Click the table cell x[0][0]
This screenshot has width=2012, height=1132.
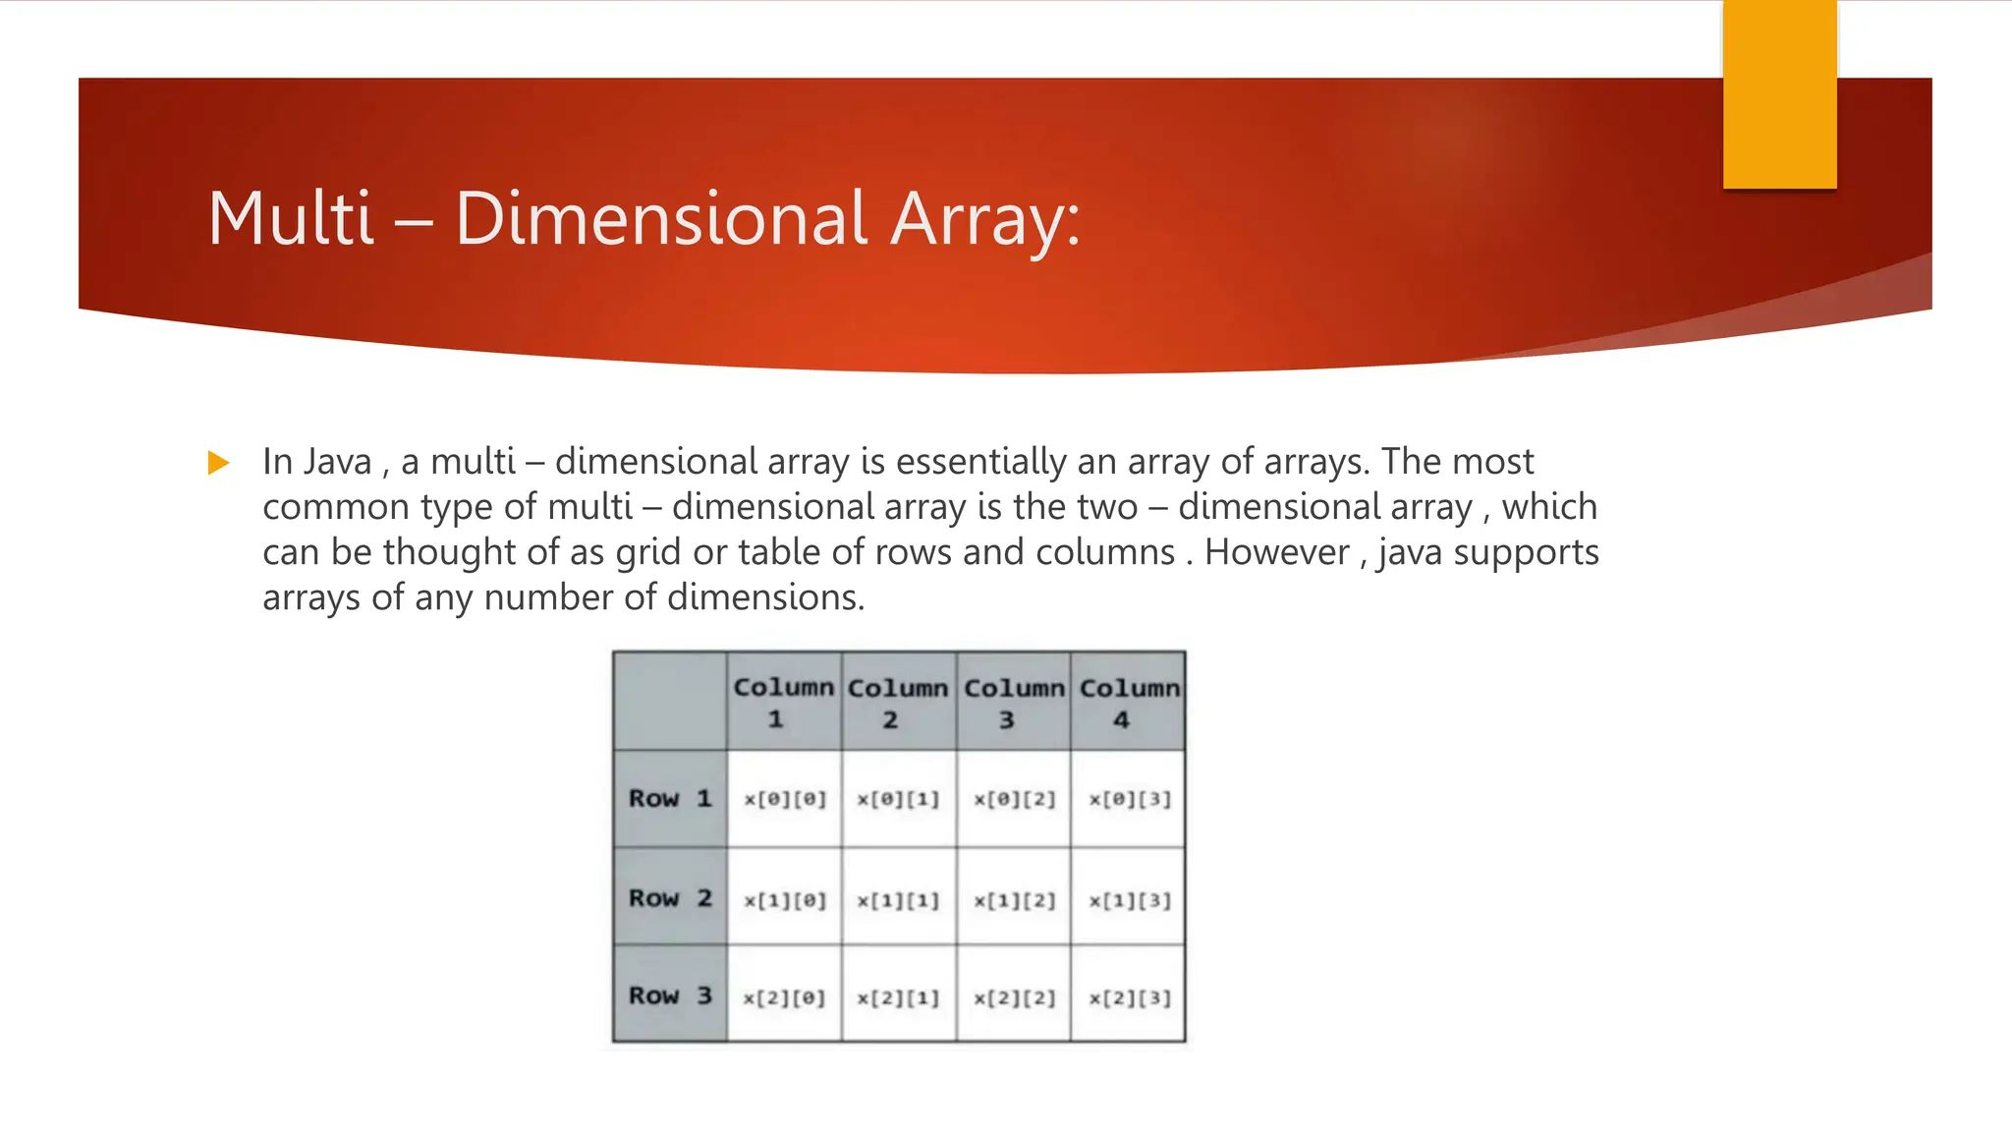coord(785,799)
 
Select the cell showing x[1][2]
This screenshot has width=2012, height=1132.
coord(1014,900)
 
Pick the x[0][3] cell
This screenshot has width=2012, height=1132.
coord(1129,799)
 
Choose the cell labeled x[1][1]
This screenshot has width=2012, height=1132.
coord(899,900)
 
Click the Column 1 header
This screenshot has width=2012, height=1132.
coord(784,702)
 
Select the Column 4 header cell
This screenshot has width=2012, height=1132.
coord(1129,702)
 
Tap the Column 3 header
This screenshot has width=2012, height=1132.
coord(1014,702)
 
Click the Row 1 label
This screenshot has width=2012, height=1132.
coord(670,799)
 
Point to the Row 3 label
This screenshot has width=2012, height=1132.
coord(670,995)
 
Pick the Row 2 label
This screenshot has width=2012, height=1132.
coord(670,898)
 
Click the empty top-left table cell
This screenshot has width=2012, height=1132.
coord(670,701)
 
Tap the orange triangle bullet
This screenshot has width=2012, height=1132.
coord(219,463)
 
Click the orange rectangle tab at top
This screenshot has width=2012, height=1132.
coord(1779,94)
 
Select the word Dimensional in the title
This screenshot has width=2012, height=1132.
coord(661,218)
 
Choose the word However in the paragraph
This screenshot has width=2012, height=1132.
coord(1277,552)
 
